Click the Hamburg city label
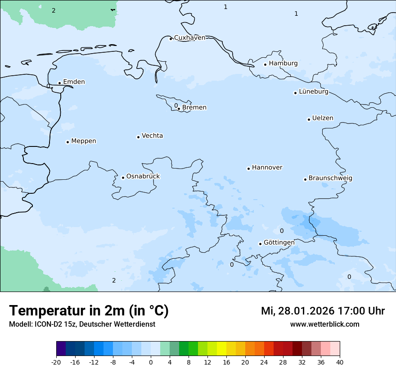283,64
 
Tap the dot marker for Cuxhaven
171,39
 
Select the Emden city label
74,82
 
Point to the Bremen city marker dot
179,109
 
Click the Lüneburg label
313,92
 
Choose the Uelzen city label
323,119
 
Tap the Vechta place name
152,136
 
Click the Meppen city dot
67,142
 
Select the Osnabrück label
143,177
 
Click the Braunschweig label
330,178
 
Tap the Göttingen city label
279,242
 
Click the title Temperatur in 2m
89,311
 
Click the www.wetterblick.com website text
324,324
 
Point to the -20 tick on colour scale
56,362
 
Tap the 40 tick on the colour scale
340,362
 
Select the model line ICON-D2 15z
82,324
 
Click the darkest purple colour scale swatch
61,349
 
